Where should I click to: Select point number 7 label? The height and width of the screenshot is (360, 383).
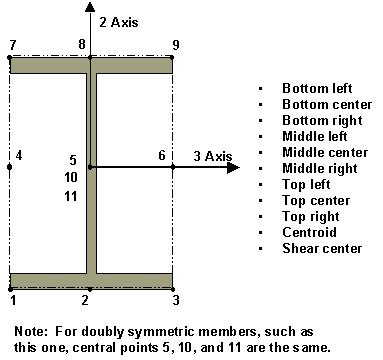click(11, 45)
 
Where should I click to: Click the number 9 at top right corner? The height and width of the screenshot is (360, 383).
click(176, 45)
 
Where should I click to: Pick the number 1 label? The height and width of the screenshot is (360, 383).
click(11, 299)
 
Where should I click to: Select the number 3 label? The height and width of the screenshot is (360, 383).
click(176, 299)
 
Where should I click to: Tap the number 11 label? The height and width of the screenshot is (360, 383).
click(71, 195)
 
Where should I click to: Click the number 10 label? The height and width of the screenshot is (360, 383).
click(71, 177)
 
